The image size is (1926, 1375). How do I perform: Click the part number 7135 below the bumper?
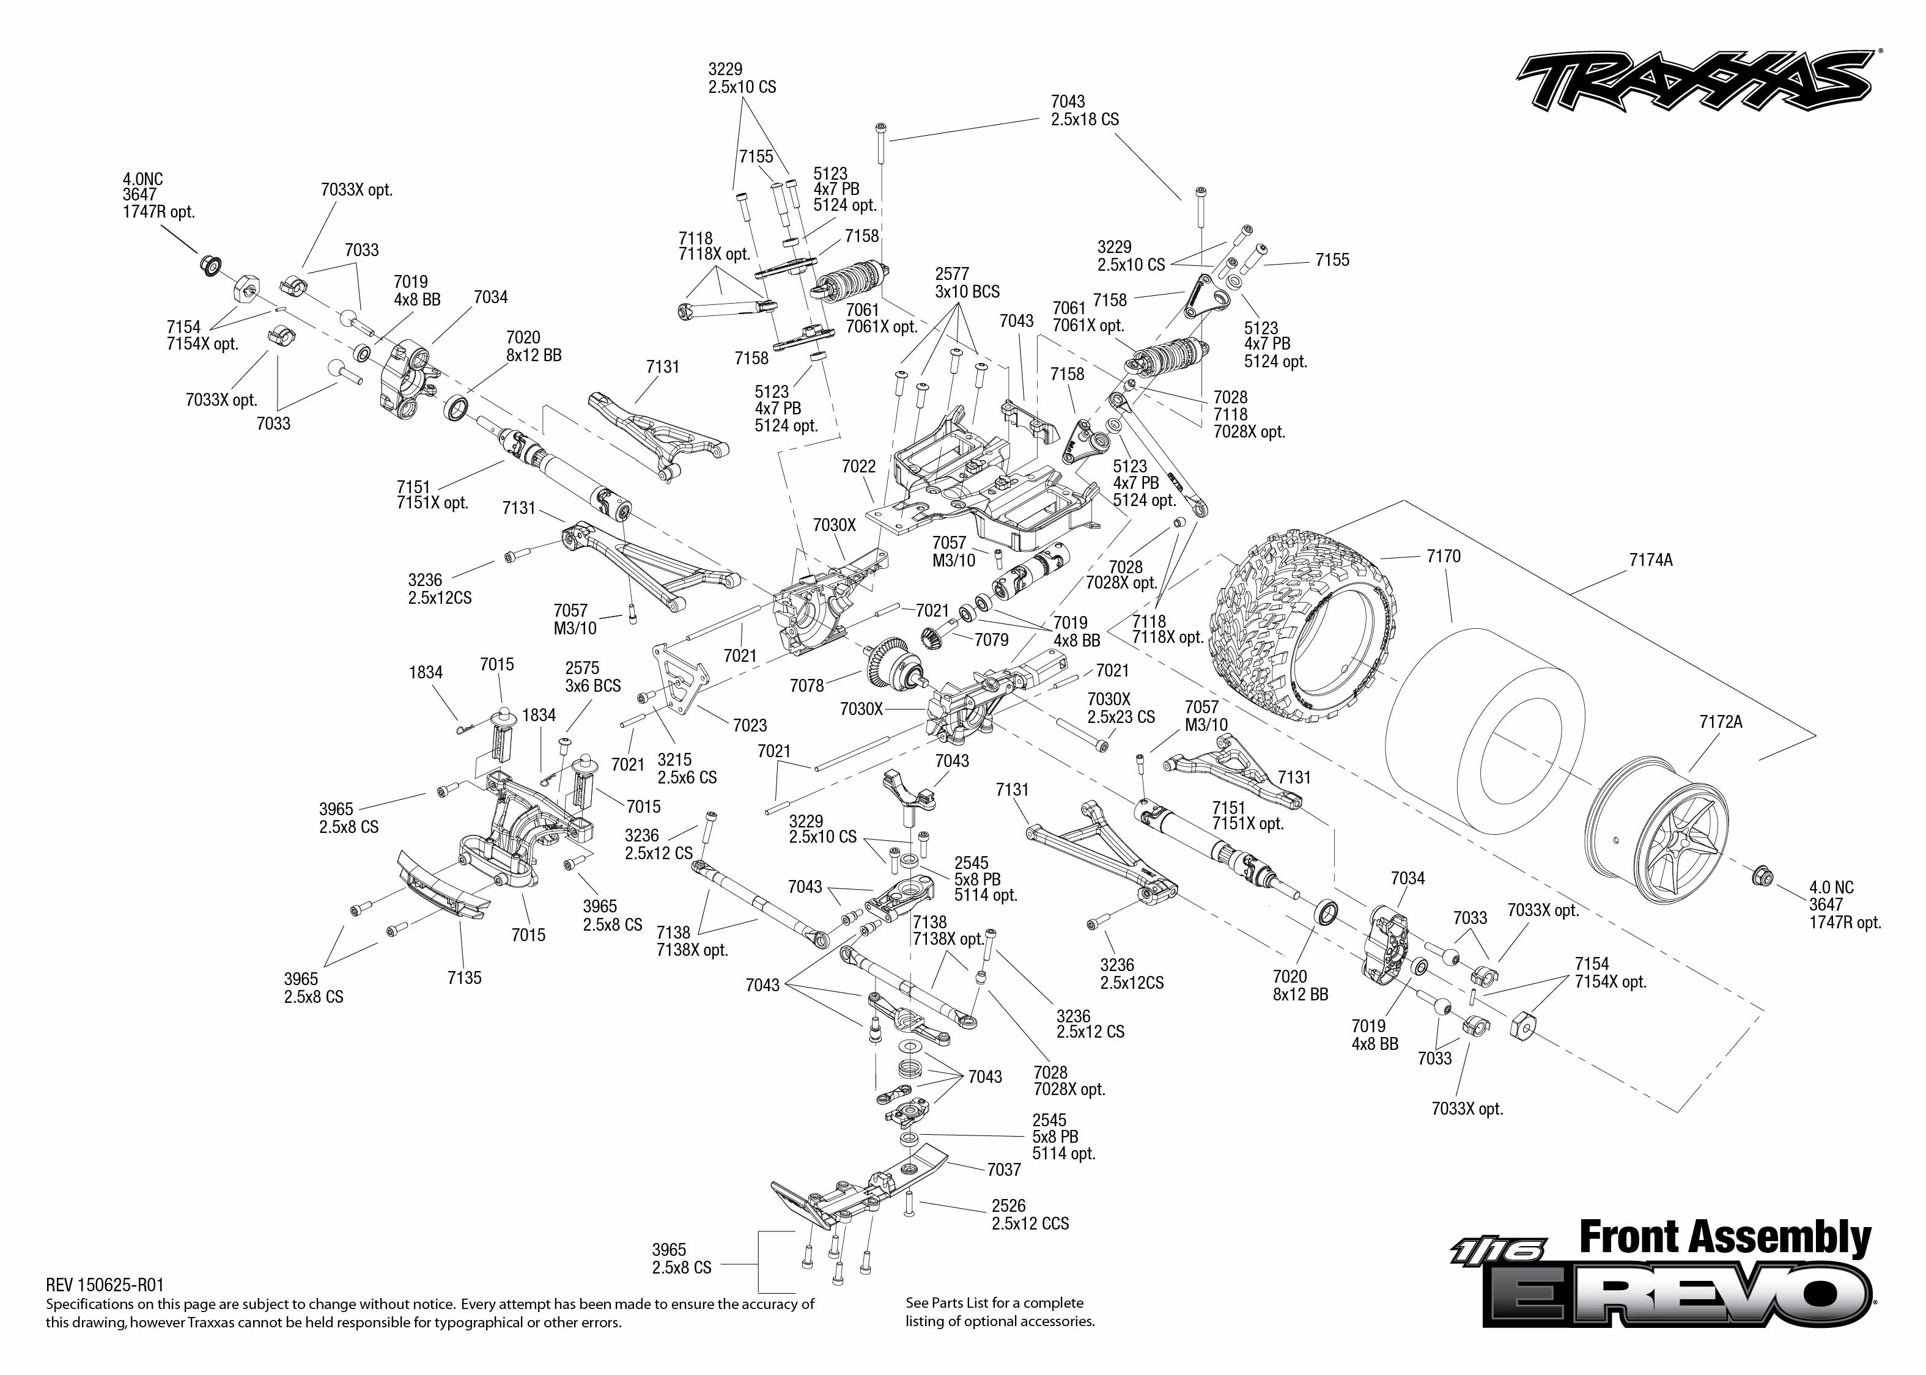[464, 978]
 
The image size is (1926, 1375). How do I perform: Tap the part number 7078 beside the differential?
[806, 686]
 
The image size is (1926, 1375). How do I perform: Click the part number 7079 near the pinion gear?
[991, 640]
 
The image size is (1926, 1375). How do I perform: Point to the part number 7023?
[750, 725]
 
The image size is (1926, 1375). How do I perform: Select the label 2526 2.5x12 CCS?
[1030, 1215]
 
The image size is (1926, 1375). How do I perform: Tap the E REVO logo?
[1677, 1294]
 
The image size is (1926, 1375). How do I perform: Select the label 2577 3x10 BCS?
[967, 283]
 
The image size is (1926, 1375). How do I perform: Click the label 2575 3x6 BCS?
[593, 677]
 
